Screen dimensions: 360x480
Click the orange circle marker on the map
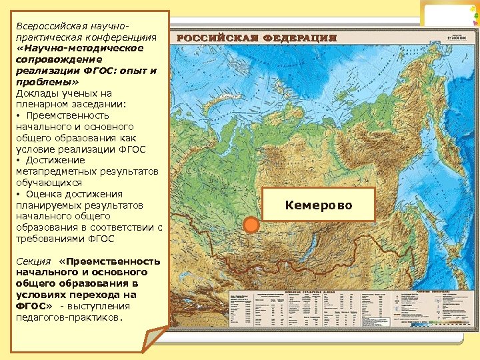252,225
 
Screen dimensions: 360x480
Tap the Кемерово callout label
319,204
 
